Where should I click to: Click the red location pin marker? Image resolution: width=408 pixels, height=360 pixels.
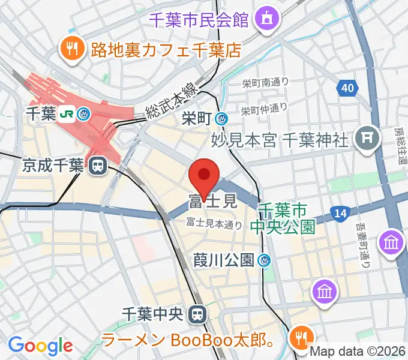pyautogui.click(x=203, y=175)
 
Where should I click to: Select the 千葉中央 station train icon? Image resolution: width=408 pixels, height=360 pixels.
pyautogui.click(x=196, y=313)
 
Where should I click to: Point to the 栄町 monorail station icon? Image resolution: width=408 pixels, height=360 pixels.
pyautogui.click(x=222, y=119)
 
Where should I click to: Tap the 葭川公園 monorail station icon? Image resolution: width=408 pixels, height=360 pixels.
pyautogui.click(x=265, y=260)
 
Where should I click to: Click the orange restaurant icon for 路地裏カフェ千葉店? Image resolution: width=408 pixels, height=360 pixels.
pyautogui.click(x=73, y=49)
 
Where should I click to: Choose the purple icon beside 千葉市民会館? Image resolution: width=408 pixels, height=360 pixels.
pyautogui.click(x=265, y=19)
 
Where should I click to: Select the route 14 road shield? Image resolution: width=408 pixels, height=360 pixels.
pyautogui.click(x=341, y=212)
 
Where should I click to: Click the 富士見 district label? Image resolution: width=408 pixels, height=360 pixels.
pyautogui.click(x=213, y=201)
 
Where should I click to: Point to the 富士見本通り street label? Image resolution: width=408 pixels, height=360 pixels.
pyautogui.click(x=214, y=224)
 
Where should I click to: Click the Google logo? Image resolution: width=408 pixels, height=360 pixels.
pyautogui.click(x=40, y=346)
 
